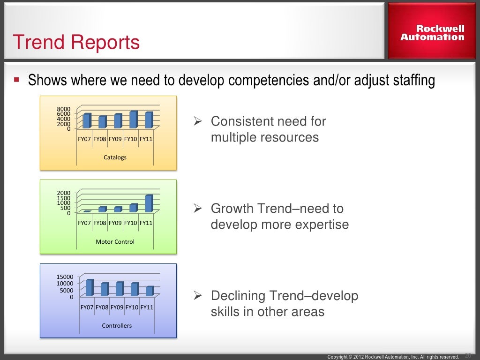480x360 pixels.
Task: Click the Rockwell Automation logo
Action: (x=432, y=33)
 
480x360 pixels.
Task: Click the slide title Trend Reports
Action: (x=76, y=43)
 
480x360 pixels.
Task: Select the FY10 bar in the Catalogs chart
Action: (x=133, y=120)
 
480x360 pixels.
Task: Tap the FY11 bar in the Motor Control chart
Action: (x=149, y=203)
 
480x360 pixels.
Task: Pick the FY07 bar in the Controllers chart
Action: (x=90, y=288)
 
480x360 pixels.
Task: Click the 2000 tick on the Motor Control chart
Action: (x=64, y=193)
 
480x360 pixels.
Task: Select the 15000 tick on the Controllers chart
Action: (x=65, y=277)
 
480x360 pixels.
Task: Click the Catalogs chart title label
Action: (x=115, y=157)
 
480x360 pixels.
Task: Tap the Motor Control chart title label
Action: (x=115, y=242)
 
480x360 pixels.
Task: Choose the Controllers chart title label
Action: (x=117, y=325)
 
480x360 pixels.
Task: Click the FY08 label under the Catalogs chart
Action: (x=99, y=139)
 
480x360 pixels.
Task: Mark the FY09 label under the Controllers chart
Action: (x=117, y=307)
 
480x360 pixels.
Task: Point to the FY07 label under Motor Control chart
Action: (x=84, y=223)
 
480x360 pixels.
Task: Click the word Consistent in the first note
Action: (x=241, y=121)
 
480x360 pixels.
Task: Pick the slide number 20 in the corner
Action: (x=468, y=355)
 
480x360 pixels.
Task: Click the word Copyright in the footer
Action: (x=337, y=357)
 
